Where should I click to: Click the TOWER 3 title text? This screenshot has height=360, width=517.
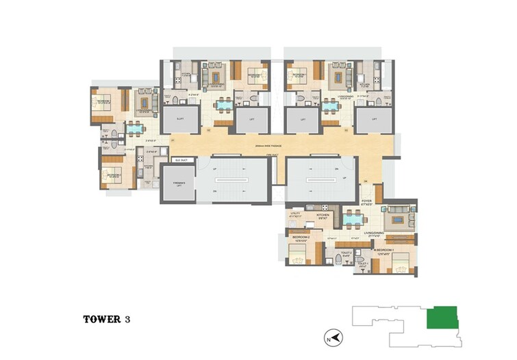[106, 319]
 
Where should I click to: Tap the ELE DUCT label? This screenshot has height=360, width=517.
[181, 160]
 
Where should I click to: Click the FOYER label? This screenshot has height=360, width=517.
[366, 202]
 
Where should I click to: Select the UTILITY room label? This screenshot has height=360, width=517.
[296, 214]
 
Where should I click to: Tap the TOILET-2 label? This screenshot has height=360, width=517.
[346, 255]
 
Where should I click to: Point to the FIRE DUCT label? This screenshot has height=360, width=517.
[273, 157]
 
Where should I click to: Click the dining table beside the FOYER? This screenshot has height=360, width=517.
[353, 220]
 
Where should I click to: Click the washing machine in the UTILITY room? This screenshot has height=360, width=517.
[292, 207]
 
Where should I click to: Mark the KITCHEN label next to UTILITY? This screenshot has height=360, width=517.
[323, 215]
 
